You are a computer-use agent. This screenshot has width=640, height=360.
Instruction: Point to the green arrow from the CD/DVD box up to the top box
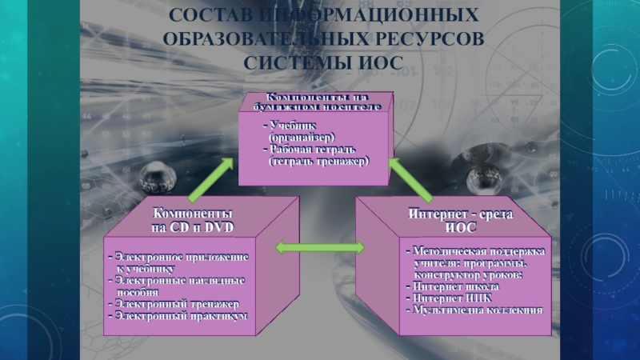(x=211, y=178)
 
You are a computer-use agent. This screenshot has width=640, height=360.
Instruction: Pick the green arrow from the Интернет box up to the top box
(x=410, y=178)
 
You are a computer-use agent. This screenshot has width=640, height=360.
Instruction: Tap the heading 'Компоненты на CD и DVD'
(x=193, y=221)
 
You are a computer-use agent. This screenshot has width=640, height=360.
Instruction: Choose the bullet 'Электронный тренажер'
(x=177, y=305)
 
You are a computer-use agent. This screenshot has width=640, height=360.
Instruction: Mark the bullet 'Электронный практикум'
(x=180, y=317)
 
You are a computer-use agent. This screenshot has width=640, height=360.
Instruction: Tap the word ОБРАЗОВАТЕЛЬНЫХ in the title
(x=249, y=38)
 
